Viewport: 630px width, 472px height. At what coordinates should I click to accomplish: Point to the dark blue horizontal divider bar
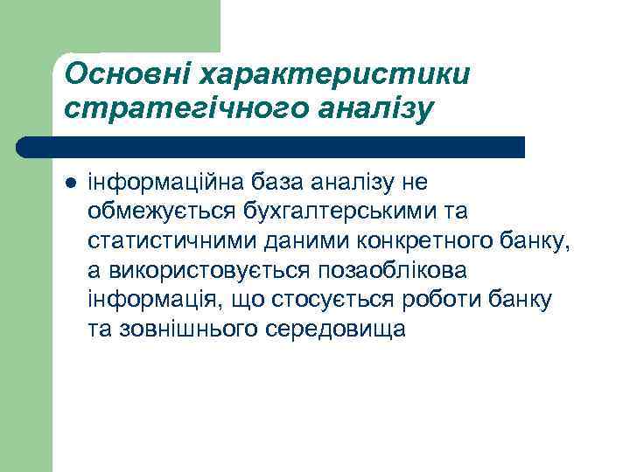(x=271, y=147)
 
